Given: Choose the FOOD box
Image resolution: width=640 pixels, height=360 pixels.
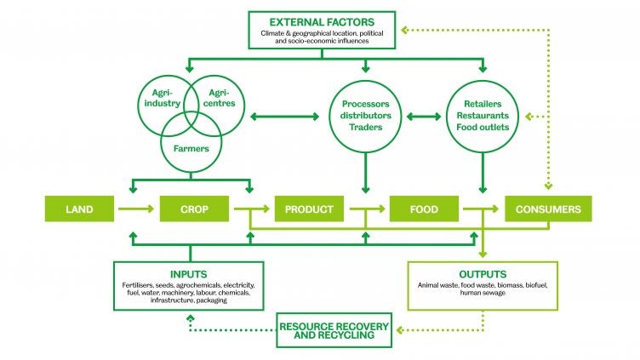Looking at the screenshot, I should coord(425,209).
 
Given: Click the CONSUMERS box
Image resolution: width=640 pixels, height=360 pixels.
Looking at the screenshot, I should coord(547,209).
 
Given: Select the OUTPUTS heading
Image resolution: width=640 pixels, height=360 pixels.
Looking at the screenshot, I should coord(483,274).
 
